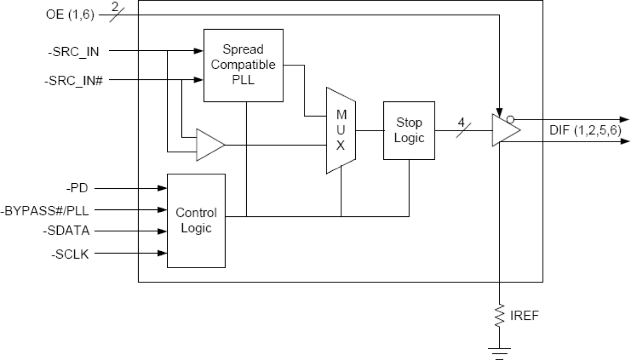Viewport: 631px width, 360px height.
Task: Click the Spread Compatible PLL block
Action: click(x=243, y=65)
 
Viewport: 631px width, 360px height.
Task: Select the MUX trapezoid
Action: click(x=341, y=131)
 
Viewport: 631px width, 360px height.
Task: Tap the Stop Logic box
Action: click(x=409, y=131)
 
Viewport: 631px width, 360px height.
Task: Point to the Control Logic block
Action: click(x=196, y=220)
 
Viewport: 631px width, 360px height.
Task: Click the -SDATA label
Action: click(x=66, y=231)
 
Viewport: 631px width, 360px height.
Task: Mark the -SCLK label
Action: click(x=70, y=254)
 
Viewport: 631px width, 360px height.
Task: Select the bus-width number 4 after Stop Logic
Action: click(x=461, y=122)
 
